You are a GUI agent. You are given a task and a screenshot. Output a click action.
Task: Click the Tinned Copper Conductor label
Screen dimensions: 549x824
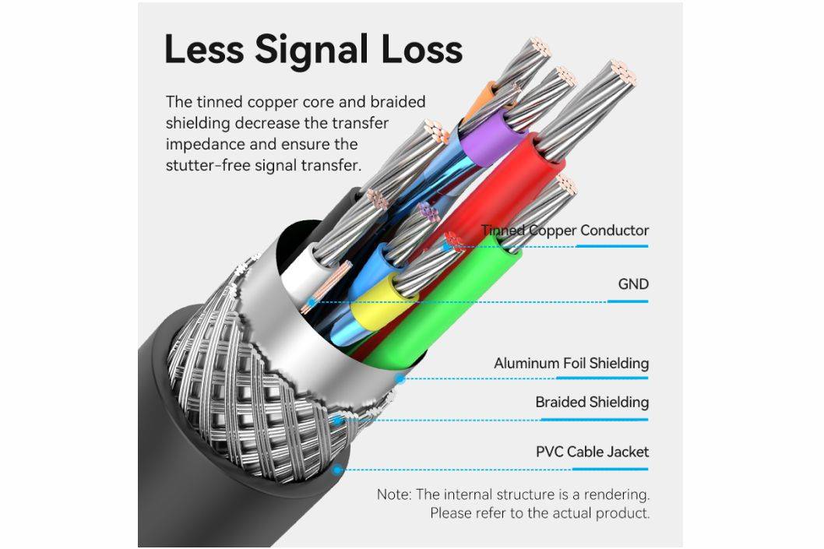tap(565, 231)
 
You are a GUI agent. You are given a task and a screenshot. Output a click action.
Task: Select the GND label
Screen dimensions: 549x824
tap(632, 284)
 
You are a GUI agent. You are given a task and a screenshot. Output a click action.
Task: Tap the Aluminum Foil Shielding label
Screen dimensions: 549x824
tap(571, 364)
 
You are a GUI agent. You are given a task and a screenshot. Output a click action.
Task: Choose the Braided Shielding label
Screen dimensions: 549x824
tap(591, 403)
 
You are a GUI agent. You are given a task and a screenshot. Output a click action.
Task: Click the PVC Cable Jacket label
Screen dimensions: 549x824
tap(592, 452)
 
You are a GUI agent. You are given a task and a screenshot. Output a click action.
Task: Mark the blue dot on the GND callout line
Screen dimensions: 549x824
tap(312, 302)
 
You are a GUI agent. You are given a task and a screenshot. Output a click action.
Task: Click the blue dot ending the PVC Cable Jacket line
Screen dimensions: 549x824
tap(337, 470)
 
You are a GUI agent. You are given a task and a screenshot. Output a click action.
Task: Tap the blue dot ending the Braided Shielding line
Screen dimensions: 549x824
tap(337, 421)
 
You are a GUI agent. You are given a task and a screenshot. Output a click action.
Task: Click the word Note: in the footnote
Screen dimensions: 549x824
tap(394, 494)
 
